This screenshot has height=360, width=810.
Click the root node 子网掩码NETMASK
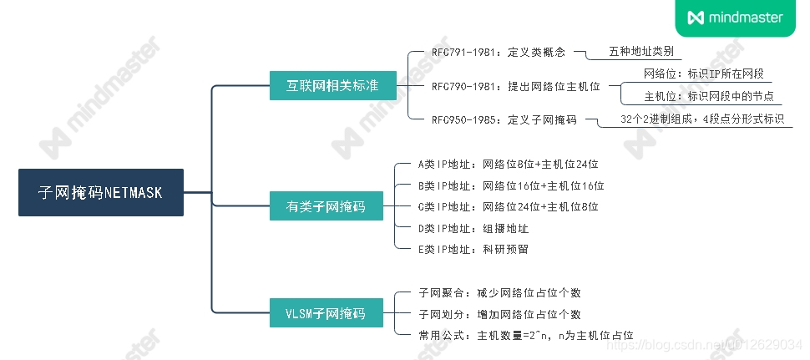click(x=100, y=193)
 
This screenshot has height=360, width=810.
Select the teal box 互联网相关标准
click(x=332, y=85)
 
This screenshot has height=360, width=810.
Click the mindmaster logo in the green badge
click(x=735, y=18)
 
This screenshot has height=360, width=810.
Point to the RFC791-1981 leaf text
click(x=499, y=52)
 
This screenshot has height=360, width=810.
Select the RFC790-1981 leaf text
click(x=515, y=86)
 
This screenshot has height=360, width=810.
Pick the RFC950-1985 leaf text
click(x=504, y=119)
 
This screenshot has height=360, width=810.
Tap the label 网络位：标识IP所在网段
click(x=704, y=74)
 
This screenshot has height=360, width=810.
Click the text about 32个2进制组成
click(x=702, y=119)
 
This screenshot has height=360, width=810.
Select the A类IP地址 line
click(x=509, y=164)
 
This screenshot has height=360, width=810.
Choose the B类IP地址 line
click(x=511, y=185)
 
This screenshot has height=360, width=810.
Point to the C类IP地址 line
click(x=509, y=206)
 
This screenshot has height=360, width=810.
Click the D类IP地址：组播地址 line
click(x=473, y=227)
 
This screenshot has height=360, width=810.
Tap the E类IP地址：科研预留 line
click(x=473, y=249)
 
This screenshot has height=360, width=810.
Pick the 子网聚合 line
click(x=499, y=293)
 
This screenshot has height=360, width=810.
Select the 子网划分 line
click(x=499, y=314)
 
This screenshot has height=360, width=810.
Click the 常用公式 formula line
click(x=526, y=335)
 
